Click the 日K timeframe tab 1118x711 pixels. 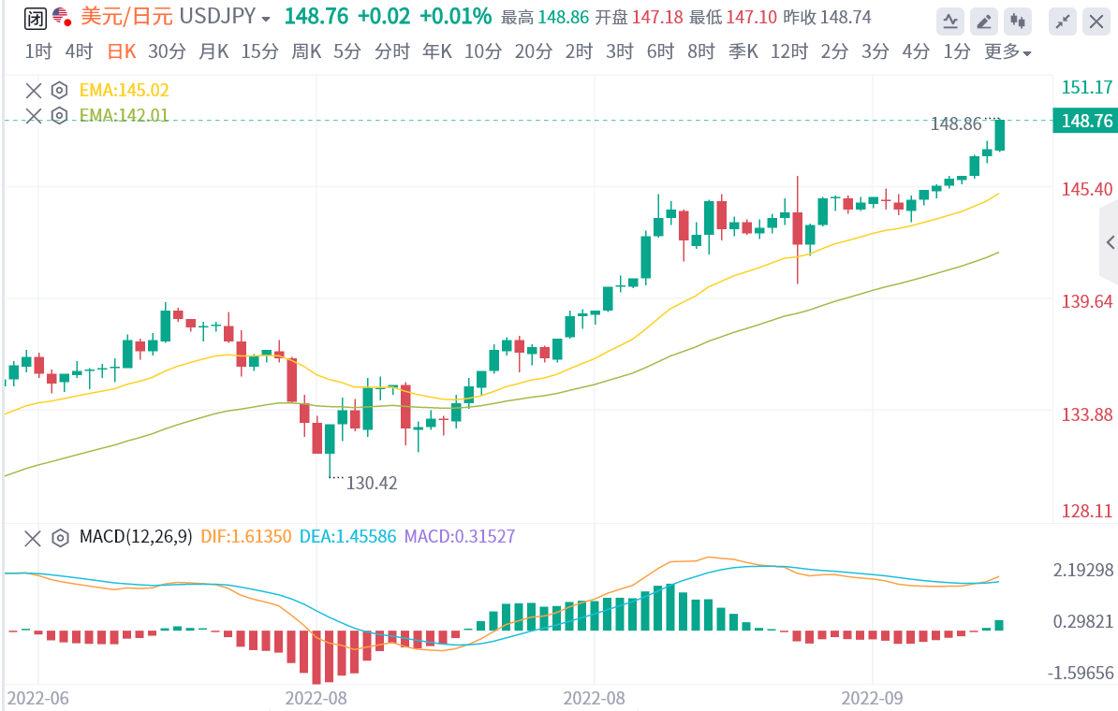pos(121,52)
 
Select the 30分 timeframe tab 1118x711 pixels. pos(167,52)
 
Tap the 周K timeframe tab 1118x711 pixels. pos(307,52)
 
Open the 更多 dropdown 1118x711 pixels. pos(1008,52)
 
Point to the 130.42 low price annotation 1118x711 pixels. pos(372,483)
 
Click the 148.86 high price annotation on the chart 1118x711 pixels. pos(956,123)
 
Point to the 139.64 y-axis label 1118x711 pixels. pos(1087,300)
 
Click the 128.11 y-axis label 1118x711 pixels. pos(1087,512)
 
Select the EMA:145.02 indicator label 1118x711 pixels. pos(124,91)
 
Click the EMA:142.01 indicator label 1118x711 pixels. pos(124,115)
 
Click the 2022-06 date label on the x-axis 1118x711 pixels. pos(38,698)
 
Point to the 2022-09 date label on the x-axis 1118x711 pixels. pos(872,698)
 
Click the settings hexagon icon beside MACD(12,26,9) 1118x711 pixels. pos(60,538)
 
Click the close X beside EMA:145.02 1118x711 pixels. pos(34,91)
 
